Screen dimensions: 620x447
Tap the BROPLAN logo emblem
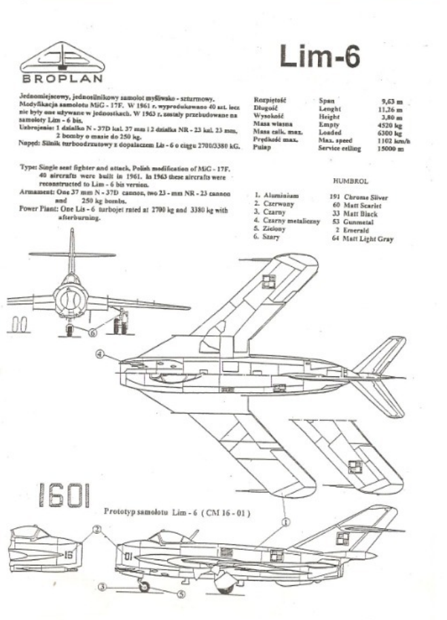pyautogui.click(x=63, y=57)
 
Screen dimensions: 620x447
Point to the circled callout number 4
pyautogui.click(x=100, y=354)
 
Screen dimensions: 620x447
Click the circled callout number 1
pyautogui.click(x=287, y=521)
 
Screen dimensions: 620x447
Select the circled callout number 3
pyautogui.click(x=101, y=586)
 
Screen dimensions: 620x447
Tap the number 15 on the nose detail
pyautogui.click(x=67, y=554)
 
